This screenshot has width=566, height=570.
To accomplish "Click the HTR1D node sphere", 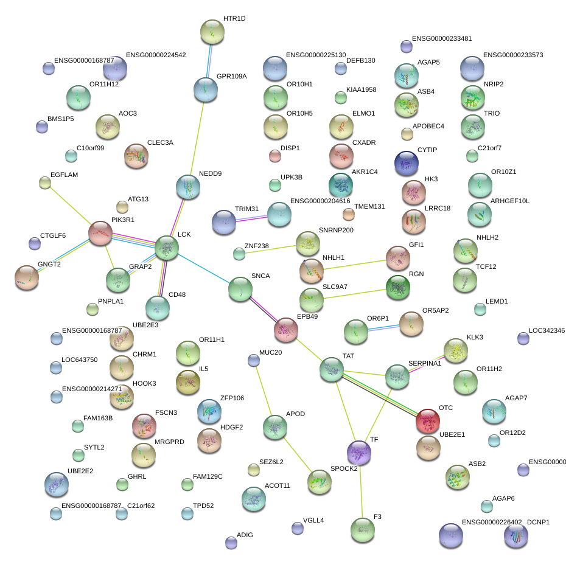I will tap(212, 30).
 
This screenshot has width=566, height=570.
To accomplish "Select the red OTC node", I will tap(428, 420).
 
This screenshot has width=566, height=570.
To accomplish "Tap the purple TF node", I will tap(358, 452).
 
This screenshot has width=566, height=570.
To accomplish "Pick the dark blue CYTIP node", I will tap(406, 162).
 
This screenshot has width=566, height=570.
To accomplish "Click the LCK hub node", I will tap(166, 248).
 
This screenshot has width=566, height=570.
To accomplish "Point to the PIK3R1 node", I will tap(100, 232).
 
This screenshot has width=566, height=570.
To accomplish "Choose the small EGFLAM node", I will tap(44, 182).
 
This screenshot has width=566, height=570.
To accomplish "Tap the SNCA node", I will tap(240, 289).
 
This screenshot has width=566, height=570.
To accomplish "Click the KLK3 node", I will tap(455, 350).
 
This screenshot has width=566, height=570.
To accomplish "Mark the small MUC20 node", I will tap(254, 360).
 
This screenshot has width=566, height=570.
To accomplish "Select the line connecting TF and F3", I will tap(361, 490).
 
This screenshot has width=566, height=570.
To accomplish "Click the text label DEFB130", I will tap(361, 61).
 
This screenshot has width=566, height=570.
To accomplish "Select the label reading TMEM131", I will tap(369, 207).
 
